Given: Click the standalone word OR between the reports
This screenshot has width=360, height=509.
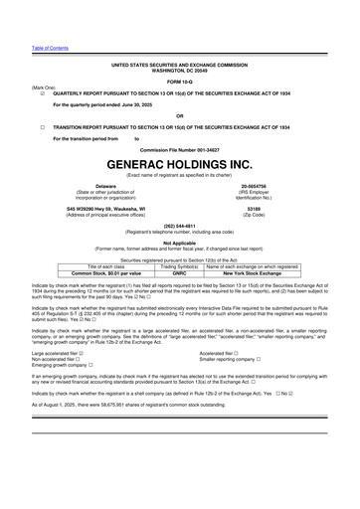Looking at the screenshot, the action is coord(179,115).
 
